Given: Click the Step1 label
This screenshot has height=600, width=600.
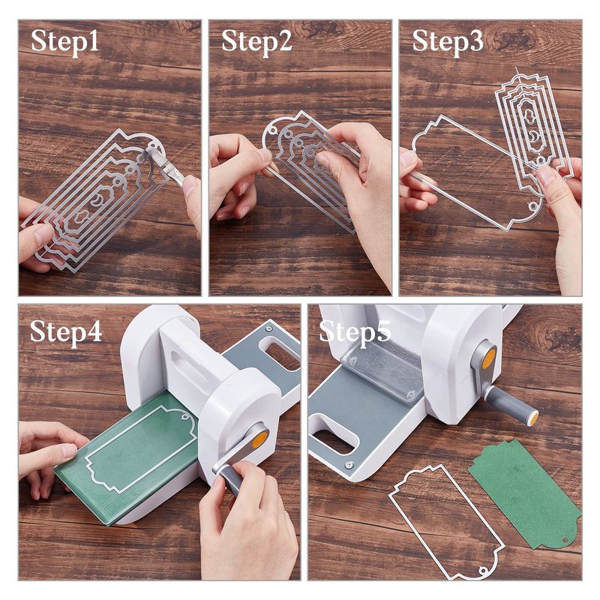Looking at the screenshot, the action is (x=64, y=41).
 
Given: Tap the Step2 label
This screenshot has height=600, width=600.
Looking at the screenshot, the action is (x=256, y=41).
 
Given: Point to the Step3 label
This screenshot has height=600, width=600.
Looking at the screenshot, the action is (x=447, y=41).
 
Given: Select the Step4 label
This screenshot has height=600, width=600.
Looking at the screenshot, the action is (x=66, y=331).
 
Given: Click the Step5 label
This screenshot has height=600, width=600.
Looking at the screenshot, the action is (x=355, y=331).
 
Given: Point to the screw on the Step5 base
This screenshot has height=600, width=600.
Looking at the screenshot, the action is (x=348, y=465).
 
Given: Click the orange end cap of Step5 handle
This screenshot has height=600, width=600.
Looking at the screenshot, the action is (x=532, y=418).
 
